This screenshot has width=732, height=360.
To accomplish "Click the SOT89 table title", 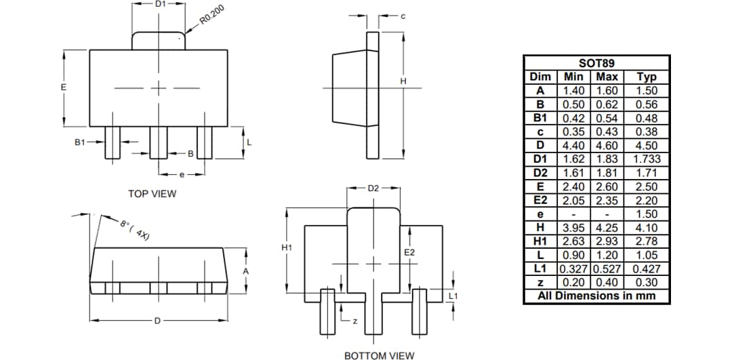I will click(x=597, y=63).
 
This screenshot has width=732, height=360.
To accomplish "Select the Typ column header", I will click(x=647, y=77).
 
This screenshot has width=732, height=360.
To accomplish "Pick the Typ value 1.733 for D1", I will click(x=647, y=159).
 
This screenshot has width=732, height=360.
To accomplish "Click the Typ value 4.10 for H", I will click(x=647, y=228).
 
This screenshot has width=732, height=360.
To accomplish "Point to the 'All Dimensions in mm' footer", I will click(x=597, y=296).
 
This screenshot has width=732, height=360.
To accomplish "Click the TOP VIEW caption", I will click(x=152, y=194).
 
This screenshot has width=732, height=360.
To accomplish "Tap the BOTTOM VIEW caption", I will click(x=379, y=355).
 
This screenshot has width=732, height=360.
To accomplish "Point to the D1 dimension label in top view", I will click(x=160, y=4).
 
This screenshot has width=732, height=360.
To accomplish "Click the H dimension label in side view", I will click(x=403, y=81).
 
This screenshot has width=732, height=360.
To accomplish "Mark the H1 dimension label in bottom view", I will click(x=286, y=248).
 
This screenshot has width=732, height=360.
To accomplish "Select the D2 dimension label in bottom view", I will click(x=373, y=188).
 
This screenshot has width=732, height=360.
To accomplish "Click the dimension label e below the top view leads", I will click(x=182, y=175).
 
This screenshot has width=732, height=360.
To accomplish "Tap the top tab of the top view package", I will click(x=159, y=41).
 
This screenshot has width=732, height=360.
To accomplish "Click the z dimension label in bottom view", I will click(x=354, y=321).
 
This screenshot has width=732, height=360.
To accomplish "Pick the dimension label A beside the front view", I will click(x=246, y=271).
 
